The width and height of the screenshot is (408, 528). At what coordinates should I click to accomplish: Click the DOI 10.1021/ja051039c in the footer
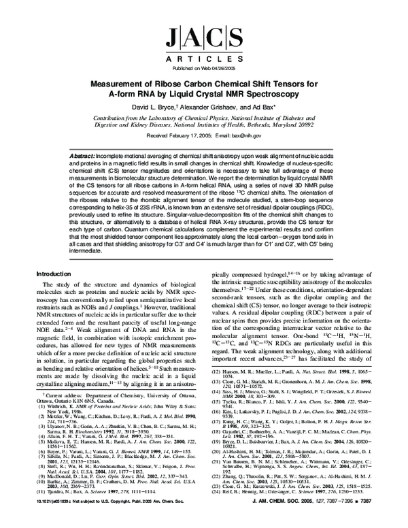point(58,518)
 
